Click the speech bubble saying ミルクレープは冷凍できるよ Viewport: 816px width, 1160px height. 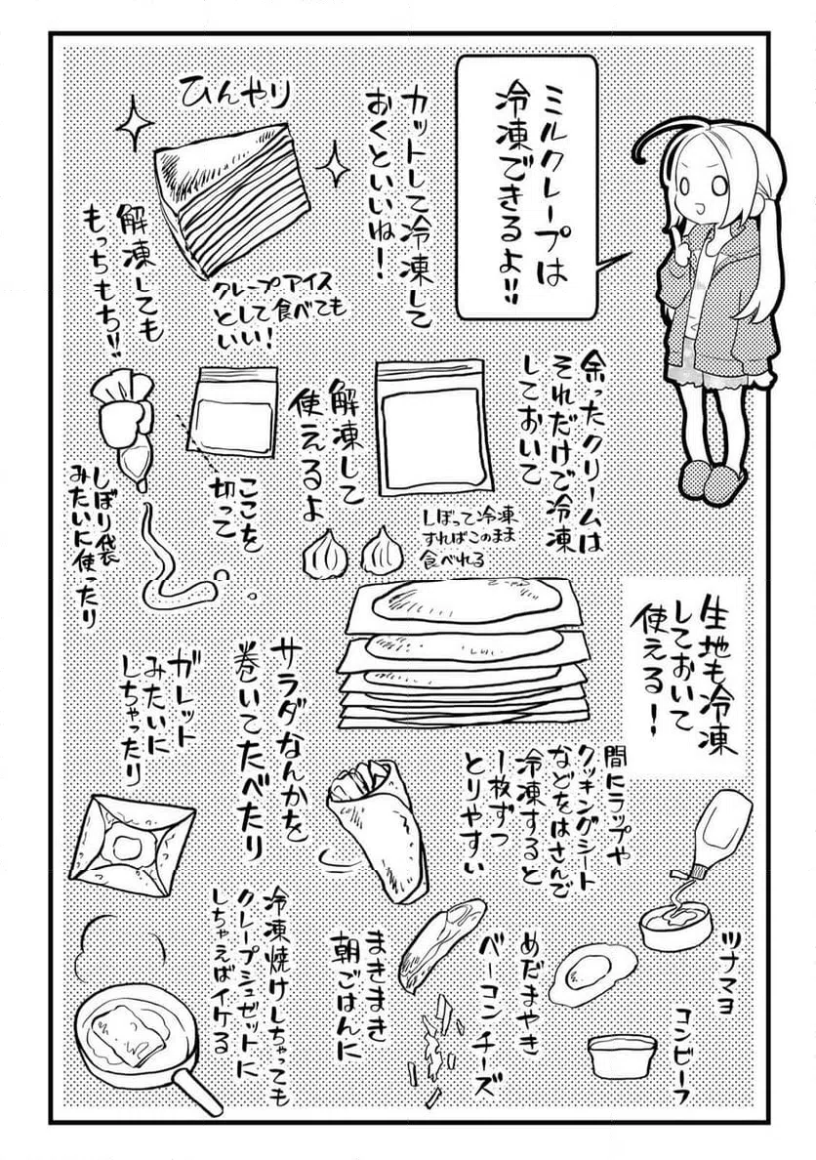(x=525, y=186)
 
